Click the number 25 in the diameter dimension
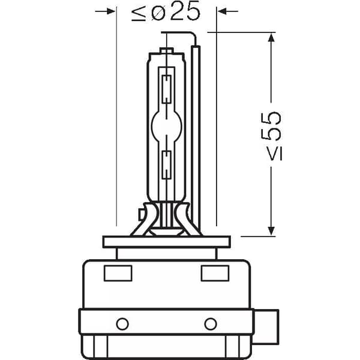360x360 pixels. (185, 11)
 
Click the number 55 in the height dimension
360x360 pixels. (271, 126)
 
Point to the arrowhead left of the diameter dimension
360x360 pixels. (111, 11)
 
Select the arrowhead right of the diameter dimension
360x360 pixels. (222, 11)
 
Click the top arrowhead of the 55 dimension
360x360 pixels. (271, 37)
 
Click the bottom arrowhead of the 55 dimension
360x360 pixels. (271, 231)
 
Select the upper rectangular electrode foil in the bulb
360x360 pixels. (167, 89)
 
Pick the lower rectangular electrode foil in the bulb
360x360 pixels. (167, 165)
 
